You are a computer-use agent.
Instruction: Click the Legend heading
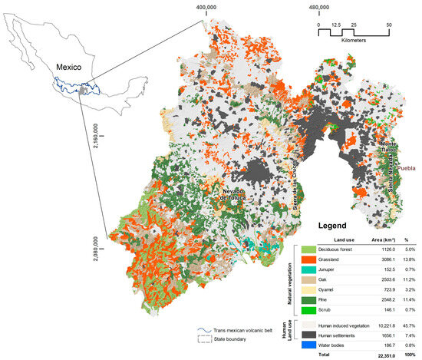(x=331, y=226)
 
